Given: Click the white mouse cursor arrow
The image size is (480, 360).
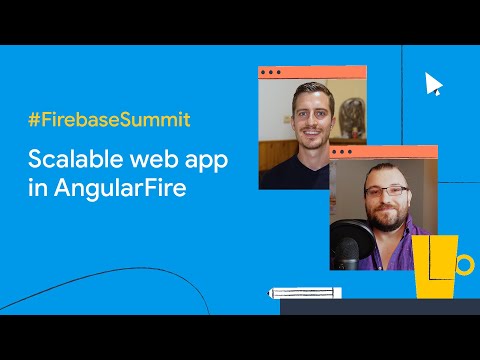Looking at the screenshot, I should [432, 83].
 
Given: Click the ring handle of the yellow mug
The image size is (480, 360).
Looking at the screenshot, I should [464, 264].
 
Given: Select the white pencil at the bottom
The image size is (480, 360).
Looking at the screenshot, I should [304, 293].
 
